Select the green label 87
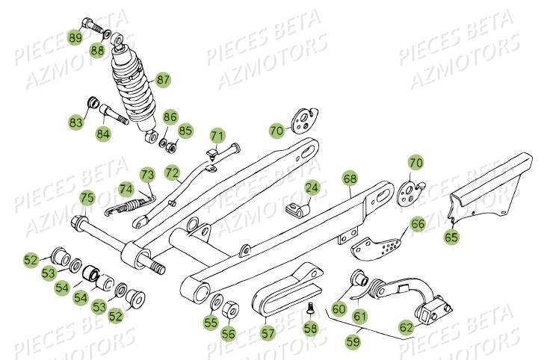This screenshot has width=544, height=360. [163, 78]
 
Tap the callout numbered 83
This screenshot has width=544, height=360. [77, 121]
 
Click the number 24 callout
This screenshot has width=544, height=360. [312, 189]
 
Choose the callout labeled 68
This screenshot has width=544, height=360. [350, 179]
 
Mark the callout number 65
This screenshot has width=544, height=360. [453, 238]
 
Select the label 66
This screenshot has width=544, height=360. [418, 223]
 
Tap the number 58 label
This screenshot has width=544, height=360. [311, 327]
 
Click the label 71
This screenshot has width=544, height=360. [217, 136]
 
